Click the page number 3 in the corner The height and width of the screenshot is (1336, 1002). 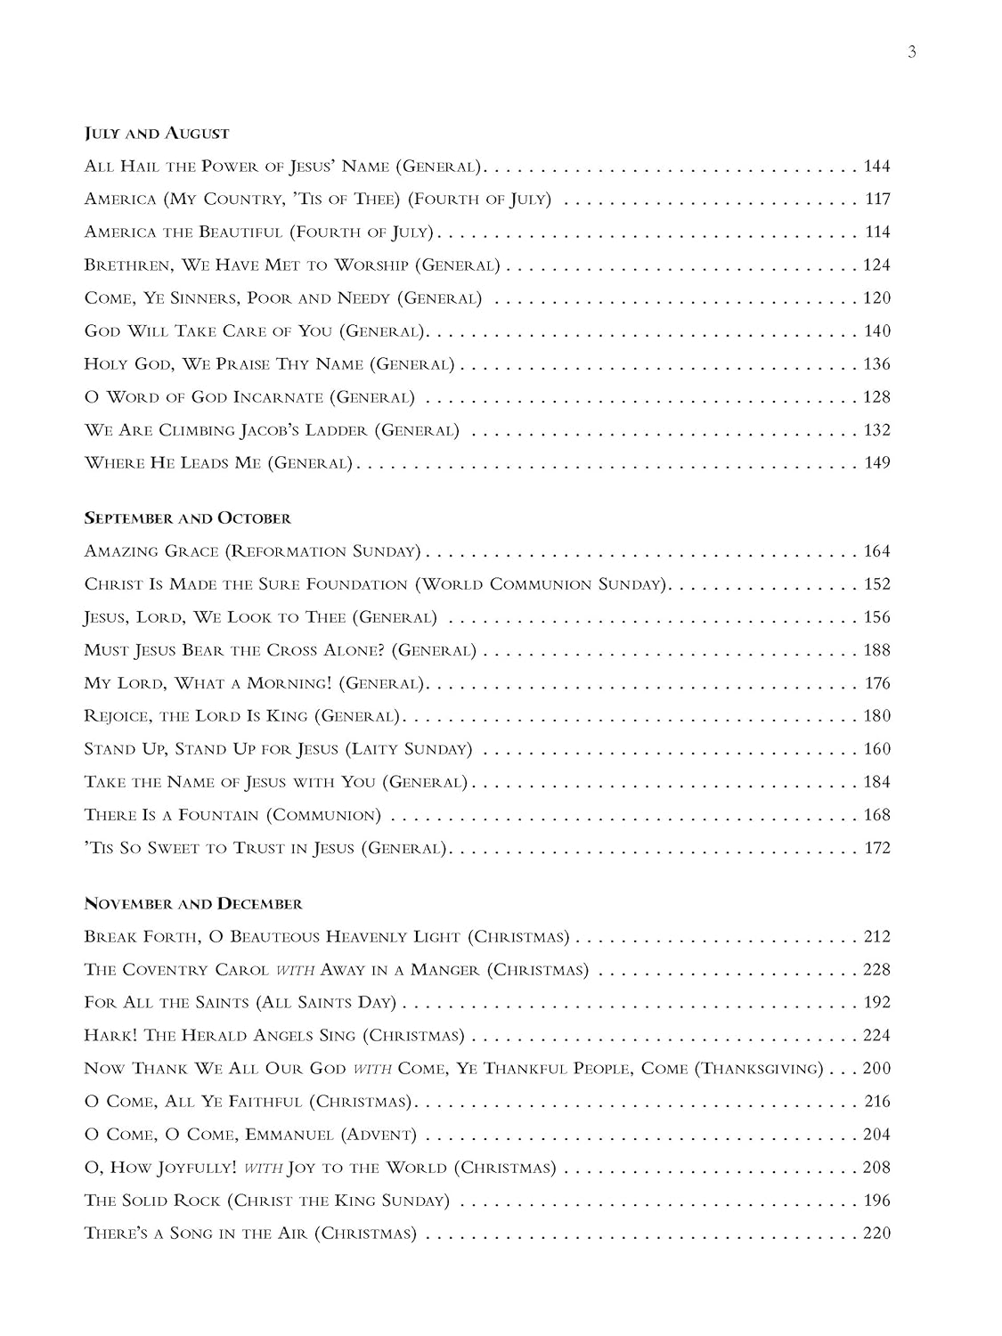(911, 52)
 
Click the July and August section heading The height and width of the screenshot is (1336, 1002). (157, 134)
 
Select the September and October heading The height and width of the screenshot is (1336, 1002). (187, 518)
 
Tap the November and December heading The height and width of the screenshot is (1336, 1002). (193, 904)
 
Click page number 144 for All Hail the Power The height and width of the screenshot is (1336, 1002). (876, 167)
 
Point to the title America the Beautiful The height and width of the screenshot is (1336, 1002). (183, 232)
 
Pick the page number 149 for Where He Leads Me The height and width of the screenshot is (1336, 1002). (877, 463)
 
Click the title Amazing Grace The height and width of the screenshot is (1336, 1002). (151, 551)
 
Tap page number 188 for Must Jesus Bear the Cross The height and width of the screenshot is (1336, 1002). (876, 651)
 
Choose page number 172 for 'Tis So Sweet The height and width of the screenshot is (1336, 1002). (877, 849)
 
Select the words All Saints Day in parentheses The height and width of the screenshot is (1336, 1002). (326, 1003)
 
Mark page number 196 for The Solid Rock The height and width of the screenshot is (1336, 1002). (876, 1201)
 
